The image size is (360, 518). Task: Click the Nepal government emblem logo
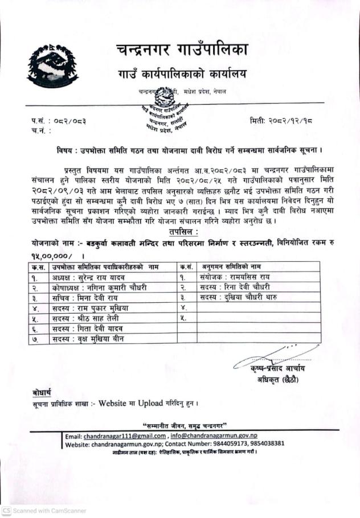tap(52, 65)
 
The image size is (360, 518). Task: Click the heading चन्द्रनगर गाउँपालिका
tap(182, 51)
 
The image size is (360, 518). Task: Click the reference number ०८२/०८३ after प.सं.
tap(70, 121)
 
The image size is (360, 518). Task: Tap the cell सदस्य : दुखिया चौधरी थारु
tap(240, 297)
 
